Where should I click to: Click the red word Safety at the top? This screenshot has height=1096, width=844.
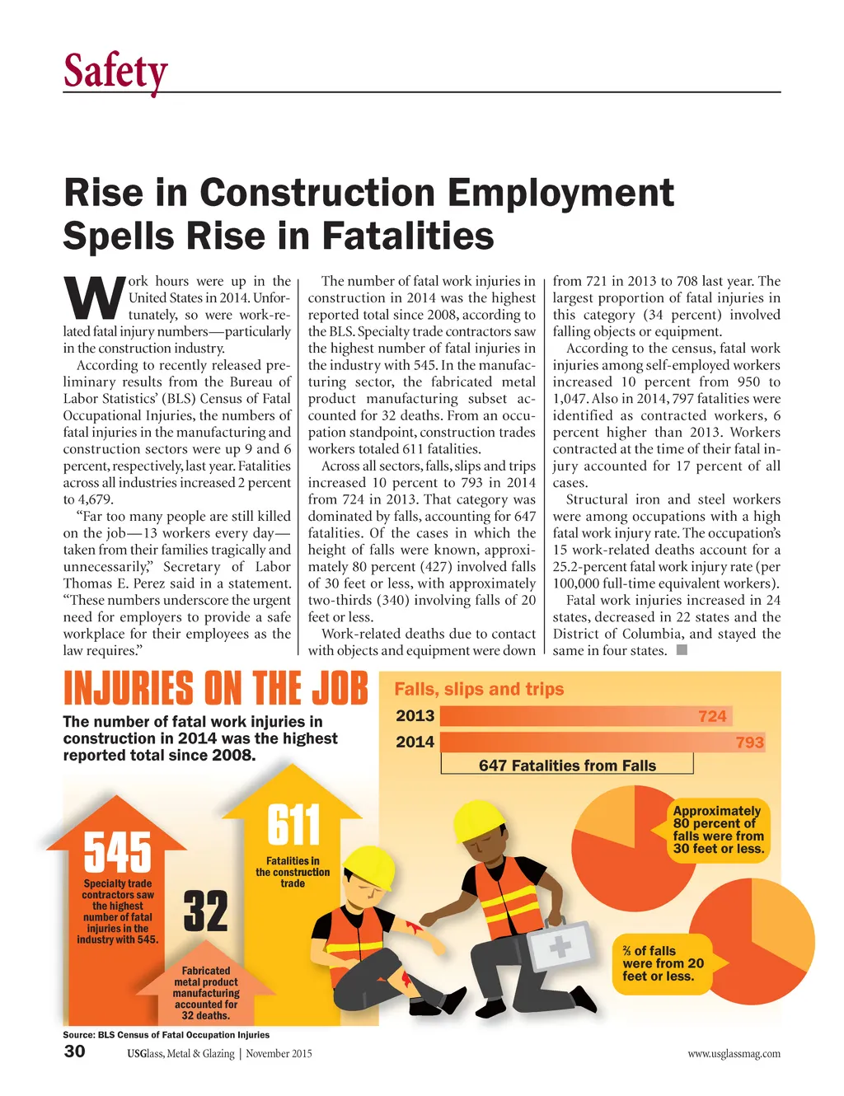coord(115,71)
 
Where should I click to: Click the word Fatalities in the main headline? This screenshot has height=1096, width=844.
coord(408,236)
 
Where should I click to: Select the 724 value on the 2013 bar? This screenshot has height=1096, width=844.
coord(712,716)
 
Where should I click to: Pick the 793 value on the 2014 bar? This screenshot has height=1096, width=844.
coord(749,742)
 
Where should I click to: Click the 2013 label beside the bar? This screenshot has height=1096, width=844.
coord(415,715)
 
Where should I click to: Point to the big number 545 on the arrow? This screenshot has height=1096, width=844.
coord(118,852)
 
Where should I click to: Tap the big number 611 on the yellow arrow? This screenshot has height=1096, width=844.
coord(293,825)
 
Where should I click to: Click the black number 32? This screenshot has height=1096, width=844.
coord(205,911)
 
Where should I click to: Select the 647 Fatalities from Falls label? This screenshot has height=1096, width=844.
coord(567,766)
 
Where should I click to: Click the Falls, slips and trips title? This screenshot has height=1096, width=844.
coord(479,689)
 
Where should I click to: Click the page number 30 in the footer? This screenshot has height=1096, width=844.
coord(74,1051)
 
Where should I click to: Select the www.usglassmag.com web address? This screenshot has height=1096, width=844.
coord(734,1053)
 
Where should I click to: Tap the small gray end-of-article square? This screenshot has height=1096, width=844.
coord(681,650)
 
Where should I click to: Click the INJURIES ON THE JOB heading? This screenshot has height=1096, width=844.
coord(215,689)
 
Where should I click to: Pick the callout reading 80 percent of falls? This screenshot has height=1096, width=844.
coord(718,830)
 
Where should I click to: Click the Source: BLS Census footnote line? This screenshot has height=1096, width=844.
coord(166,1034)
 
